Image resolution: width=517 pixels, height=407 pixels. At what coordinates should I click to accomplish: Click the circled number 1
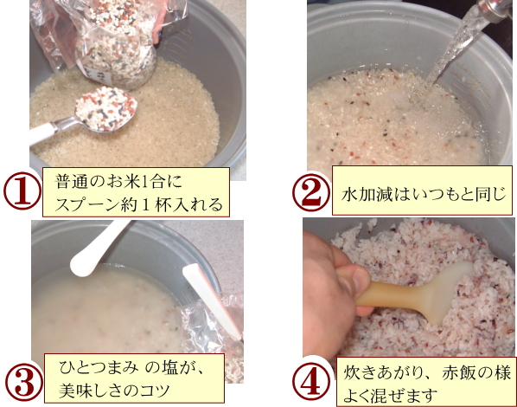pyautogui.click(x=22, y=191)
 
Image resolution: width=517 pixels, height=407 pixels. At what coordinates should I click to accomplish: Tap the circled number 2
pyautogui.click(x=311, y=192)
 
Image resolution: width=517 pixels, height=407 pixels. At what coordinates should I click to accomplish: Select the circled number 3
pyautogui.click(x=24, y=384)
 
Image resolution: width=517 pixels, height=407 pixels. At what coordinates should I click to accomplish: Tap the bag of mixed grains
pyautogui.click(x=109, y=40)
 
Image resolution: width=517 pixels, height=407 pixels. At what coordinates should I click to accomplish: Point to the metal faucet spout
pyautogui.click(x=495, y=10)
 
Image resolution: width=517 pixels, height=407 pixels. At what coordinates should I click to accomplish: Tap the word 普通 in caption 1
pyautogui.click(x=71, y=181)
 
